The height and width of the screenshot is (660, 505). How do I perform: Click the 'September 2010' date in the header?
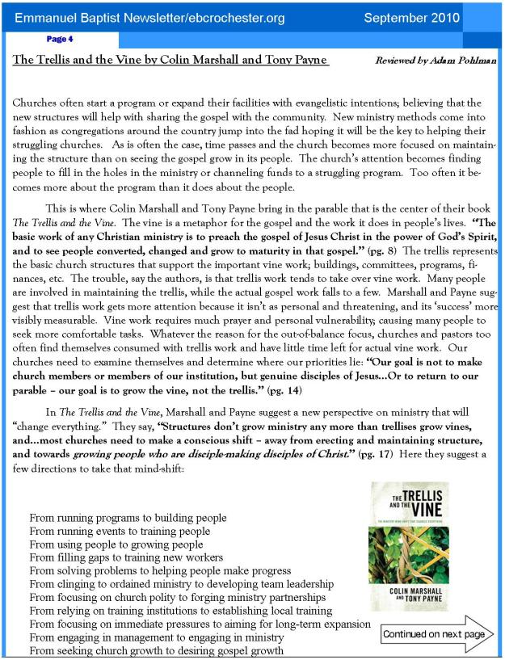coord(412,17)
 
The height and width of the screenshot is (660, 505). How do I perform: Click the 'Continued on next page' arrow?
coord(436,634)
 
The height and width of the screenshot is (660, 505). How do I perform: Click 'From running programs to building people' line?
coord(128,517)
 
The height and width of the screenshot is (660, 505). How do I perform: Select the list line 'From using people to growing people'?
coord(116,544)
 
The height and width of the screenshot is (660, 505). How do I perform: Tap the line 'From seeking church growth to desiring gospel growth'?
coord(157,652)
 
